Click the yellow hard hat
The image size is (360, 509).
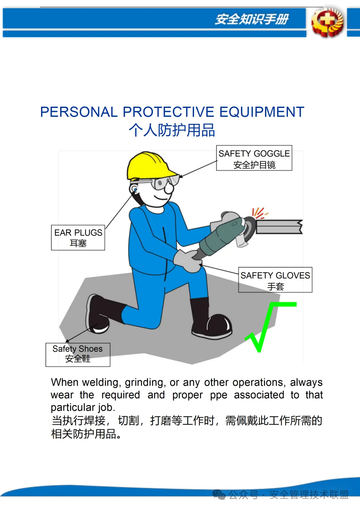(148, 166)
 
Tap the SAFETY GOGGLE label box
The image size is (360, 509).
(254, 158)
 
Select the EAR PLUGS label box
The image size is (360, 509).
(78, 238)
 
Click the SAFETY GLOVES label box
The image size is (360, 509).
(275, 280)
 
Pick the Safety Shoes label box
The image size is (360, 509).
(78, 354)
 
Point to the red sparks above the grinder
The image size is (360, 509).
(260, 213)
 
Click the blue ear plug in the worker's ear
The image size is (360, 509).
(135, 190)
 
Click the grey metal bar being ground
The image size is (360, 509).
(279, 227)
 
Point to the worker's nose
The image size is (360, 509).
(169, 188)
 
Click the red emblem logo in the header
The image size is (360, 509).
(327, 22)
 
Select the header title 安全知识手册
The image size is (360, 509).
(252, 19)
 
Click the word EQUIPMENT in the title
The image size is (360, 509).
(262, 112)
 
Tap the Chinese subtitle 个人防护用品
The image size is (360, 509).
(172, 130)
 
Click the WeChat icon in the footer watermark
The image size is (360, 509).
(219, 495)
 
